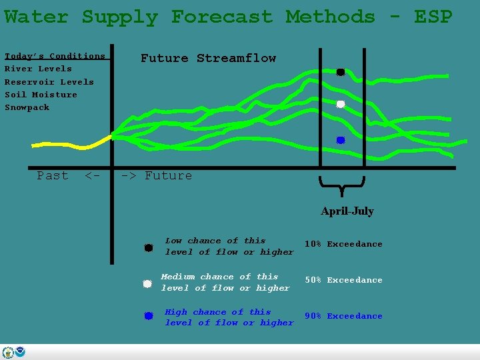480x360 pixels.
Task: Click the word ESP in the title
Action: (x=433, y=17)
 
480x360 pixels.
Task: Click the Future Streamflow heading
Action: (x=208, y=58)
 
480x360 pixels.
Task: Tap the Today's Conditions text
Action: (x=55, y=56)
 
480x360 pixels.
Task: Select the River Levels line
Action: (x=38, y=69)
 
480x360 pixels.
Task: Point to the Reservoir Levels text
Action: (x=49, y=82)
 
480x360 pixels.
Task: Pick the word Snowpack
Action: (x=27, y=107)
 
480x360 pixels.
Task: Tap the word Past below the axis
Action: (x=53, y=175)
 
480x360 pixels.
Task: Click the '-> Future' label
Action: (x=156, y=175)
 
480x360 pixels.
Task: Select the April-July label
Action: (x=347, y=211)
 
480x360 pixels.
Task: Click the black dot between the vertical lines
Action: (x=340, y=72)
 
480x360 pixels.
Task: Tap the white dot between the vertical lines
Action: (x=340, y=104)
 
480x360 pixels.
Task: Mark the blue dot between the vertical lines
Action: (x=340, y=140)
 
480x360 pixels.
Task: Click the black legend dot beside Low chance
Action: (x=149, y=248)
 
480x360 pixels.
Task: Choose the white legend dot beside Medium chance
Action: (x=147, y=283)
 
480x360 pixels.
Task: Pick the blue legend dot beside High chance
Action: (x=149, y=315)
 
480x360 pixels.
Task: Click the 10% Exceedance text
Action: (x=343, y=244)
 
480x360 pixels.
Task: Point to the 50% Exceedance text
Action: (x=343, y=280)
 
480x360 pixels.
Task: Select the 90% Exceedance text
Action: (x=343, y=316)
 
